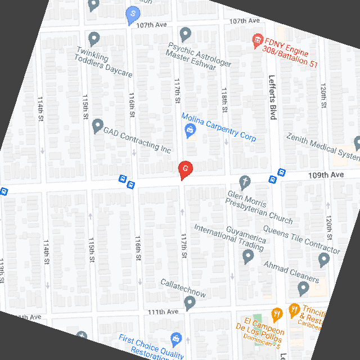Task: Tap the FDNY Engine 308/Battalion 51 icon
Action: pyautogui.click(x=258, y=40)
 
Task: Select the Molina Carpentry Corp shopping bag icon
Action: pyautogui.click(x=190, y=131)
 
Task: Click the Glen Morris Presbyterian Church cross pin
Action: pyautogui.click(x=244, y=182)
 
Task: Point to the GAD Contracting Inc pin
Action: pyautogui.click(x=97, y=125)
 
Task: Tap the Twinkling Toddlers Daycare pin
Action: pyautogui.click(x=94, y=38)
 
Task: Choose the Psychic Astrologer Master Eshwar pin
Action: pyautogui.click(x=185, y=33)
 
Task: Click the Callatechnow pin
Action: pyautogui.click(x=190, y=303)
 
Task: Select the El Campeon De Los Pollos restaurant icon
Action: pyautogui.click(x=276, y=314)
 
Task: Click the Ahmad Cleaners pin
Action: pyautogui.click(x=303, y=289)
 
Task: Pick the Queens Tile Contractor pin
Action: pyautogui.click(x=323, y=259)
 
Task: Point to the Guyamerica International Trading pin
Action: pyautogui.click(x=248, y=256)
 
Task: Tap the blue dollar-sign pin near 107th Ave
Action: pyautogui.click(x=132, y=13)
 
